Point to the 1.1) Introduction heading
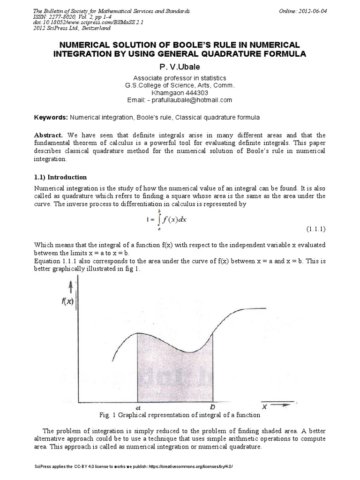pyautogui.click(x=60, y=177)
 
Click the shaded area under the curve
pyautogui.click(x=173, y=370)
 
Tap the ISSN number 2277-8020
pyautogui.click(x=61, y=16)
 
